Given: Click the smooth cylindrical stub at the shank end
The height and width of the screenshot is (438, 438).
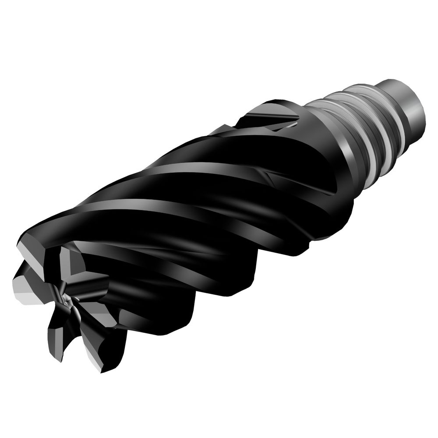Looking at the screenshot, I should click(405, 103).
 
